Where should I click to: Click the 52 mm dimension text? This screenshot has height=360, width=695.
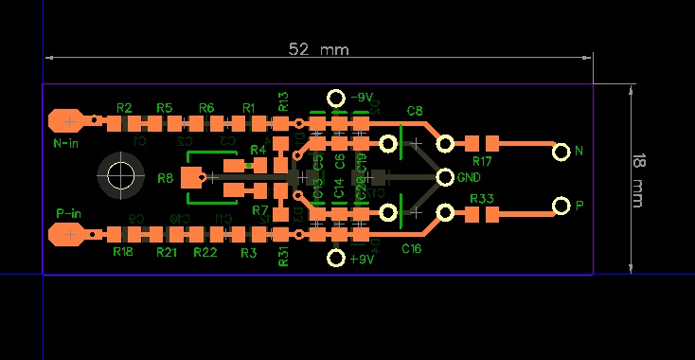pos(319,49)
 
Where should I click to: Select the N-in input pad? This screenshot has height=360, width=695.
pos(68,120)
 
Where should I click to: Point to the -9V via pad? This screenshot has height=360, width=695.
pos(335,99)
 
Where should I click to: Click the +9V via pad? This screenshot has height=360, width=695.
pos(335,258)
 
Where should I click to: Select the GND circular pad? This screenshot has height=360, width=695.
pos(445,176)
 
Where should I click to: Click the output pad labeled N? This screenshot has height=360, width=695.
pos(561,151)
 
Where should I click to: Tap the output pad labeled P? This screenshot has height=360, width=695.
pos(561,206)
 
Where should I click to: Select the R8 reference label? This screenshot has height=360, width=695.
pos(166,178)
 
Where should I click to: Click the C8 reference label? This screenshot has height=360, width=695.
pos(415,111)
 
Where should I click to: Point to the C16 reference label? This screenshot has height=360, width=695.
pos(412,248)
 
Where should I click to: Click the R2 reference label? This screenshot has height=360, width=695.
pos(124,107)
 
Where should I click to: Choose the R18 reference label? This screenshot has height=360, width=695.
pos(123,252)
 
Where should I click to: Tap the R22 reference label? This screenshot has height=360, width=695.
pos(205,252)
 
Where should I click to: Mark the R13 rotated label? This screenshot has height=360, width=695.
pos(283,100)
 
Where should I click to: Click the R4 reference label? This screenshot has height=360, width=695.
pos(258,150)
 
